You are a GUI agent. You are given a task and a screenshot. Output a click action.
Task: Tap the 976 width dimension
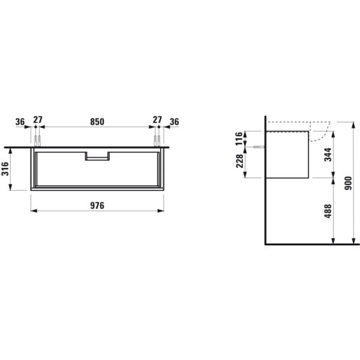coord(98,205)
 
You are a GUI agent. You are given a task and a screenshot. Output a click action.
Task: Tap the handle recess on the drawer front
coord(97,157)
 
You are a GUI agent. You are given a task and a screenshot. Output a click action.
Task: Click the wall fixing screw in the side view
coord(259,148)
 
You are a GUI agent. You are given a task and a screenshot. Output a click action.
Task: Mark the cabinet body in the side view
coord(287,154)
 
